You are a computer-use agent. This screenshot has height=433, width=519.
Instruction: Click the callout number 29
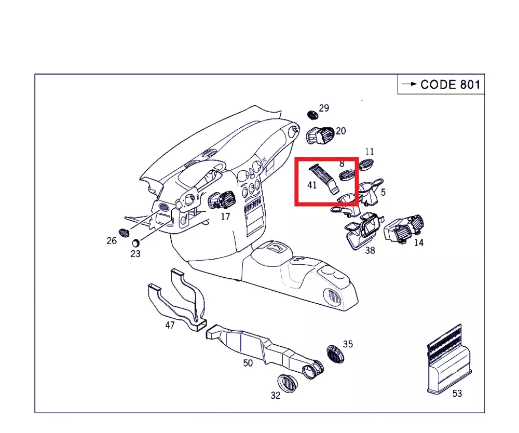pyautogui.click(x=324, y=108)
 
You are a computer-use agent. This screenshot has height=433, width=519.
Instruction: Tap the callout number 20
pyautogui.click(x=340, y=131)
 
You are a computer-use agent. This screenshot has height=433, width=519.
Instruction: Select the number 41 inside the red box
pyautogui.click(x=312, y=184)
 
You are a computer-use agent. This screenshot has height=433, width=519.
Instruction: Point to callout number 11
pyautogui.click(x=369, y=152)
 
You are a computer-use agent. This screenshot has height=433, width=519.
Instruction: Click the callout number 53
pyautogui.click(x=457, y=394)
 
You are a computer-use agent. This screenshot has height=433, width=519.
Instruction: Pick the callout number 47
pyautogui.click(x=170, y=325)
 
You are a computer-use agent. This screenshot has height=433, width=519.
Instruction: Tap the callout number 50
pyautogui.click(x=248, y=363)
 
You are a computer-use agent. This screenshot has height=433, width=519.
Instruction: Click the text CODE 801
pyautogui.click(x=450, y=85)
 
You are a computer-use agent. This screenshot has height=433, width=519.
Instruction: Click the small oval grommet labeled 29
pyautogui.click(x=312, y=114)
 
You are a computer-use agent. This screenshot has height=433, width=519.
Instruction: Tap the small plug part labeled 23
pyautogui.click(x=135, y=242)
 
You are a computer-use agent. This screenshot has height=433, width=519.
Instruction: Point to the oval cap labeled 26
pyautogui.click(x=124, y=232)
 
